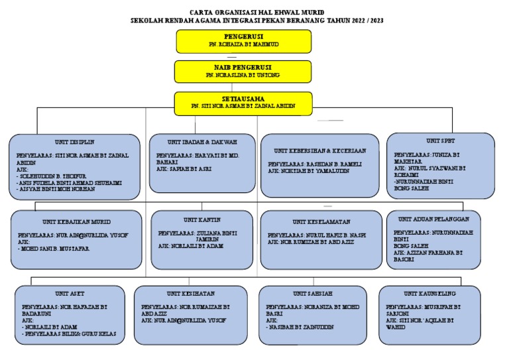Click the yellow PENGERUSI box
coord(243,40)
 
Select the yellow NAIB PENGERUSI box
coord(243,71)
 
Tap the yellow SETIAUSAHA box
coord(243,101)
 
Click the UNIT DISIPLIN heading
coord(75,141)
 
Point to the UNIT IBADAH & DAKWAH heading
coord(202,142)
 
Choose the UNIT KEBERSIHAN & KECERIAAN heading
coord(319,151)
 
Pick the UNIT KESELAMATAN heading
coord(321,221)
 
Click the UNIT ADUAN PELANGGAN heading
coord(433,218)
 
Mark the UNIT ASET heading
coord(70,293)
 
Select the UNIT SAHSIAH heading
coord(311,293)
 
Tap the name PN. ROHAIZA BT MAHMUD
coord(243,44)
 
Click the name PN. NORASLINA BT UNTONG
coord(243,76)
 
